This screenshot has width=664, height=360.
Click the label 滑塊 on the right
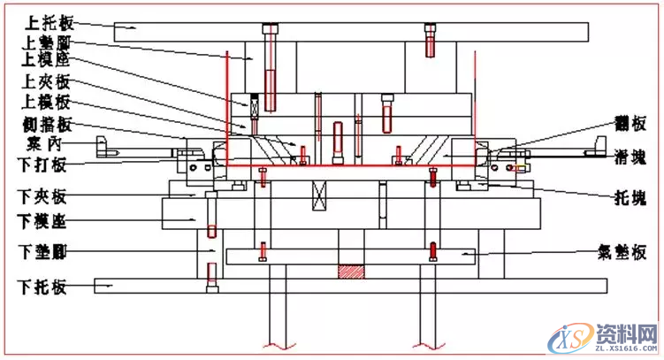point(627,159)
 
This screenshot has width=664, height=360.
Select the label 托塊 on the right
point(627,196)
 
